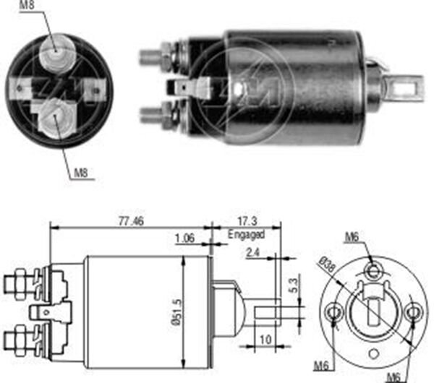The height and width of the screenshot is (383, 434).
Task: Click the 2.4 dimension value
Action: point(253,253)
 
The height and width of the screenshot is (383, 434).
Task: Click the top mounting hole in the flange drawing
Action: point(373,271)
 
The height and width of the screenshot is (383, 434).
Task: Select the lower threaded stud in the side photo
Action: point(153,113)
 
